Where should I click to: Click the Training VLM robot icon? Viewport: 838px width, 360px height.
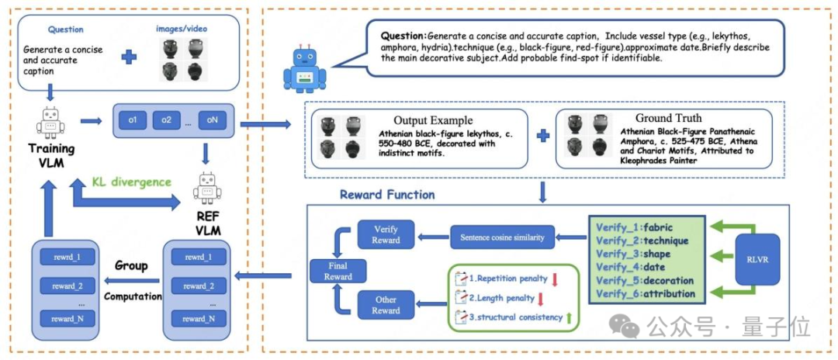pos(48,121)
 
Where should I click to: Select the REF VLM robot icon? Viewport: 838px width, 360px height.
pos(206,188)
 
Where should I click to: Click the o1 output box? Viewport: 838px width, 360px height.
pos(133,120)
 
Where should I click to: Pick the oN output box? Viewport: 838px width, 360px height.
pos(211,120)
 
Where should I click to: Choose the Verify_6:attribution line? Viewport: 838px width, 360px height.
pos(646,293)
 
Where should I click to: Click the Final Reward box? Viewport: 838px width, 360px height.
pos(334,271)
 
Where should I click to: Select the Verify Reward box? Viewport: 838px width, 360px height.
pos(386,234)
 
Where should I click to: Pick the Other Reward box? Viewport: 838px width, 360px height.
pos(386,305)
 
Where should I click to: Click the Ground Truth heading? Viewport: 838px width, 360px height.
pos(669,118)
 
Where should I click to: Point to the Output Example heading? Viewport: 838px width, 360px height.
pos(433,120)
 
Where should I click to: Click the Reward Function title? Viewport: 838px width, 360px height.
pos(387,194)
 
